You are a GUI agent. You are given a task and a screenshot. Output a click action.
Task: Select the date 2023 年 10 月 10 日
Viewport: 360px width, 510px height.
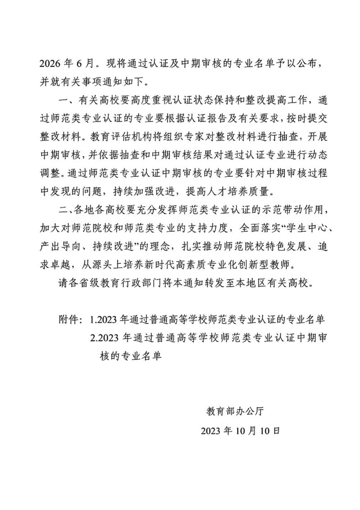click(x=242, y=431)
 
